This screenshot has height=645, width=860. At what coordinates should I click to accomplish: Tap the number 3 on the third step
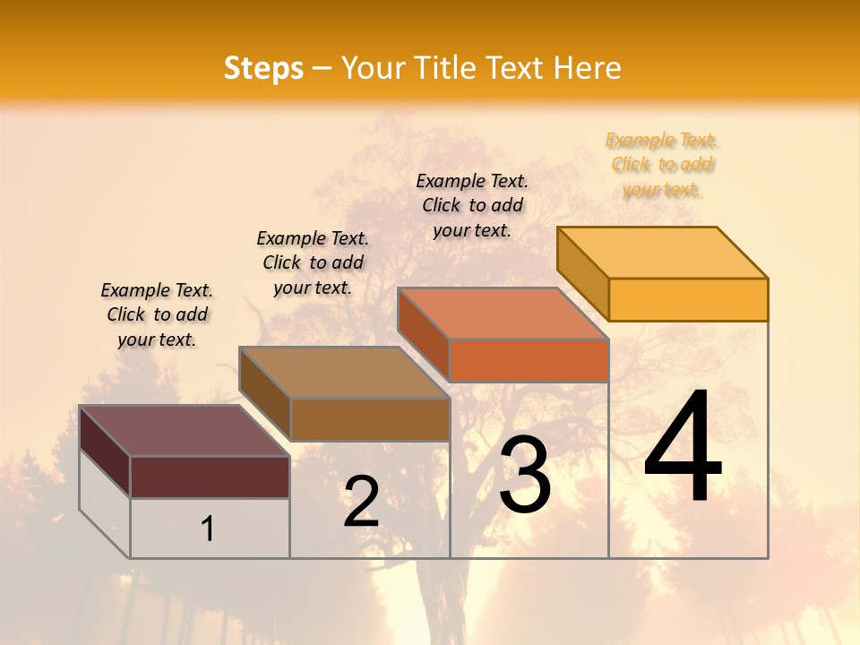(525, 475)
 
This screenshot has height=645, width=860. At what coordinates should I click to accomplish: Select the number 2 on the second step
(361, 502)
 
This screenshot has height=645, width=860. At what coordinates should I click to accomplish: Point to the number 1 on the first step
(208, 529)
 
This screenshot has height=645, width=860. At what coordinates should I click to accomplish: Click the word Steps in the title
(263, 68)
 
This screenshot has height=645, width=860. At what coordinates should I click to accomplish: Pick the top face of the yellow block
(663, 252)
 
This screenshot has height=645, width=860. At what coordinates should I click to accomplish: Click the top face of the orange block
(503, 314)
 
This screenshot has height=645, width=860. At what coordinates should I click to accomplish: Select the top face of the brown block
(345, 373)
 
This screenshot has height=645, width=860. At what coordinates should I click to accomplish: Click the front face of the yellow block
(688, 299)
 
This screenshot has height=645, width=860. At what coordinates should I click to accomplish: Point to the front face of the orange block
(529, 360)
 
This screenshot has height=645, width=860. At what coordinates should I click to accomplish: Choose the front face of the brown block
(370, 419)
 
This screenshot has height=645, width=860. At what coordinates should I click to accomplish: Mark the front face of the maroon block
(210, 477)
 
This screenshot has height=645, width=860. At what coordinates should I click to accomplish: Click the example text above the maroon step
(157, 314)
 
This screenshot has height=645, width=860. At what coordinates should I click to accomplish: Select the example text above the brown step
(313, 262)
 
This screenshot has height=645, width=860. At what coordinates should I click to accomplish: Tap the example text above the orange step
(472, 205)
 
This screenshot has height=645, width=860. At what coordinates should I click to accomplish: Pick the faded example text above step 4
(662, 165)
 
